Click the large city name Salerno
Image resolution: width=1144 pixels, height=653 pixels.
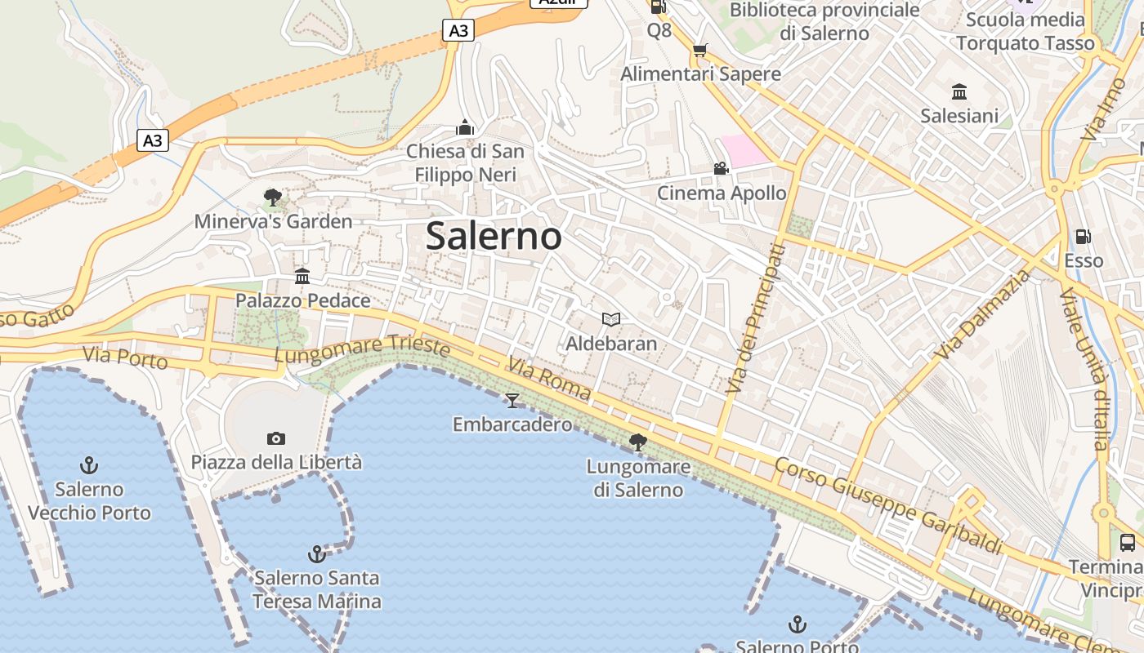pyautogui.click(x=494, y=237)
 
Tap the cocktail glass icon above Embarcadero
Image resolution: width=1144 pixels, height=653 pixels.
pyautogui.click(x=512, y=400)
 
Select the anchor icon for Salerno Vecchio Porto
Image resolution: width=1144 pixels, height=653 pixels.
pyautogui.click(x=89, y=465)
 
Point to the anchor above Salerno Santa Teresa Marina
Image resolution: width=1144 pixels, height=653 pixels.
pyautogui.click(x=316, y=554)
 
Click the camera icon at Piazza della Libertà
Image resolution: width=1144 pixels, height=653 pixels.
pyautogui.click(x=276, y=438)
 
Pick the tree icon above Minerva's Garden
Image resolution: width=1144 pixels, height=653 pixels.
pyautogui.click(x=273, y=197)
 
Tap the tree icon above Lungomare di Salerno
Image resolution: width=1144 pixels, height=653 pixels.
pyautogui.click(x=638, y=442)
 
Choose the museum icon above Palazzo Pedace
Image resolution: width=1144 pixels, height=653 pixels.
pyautogui.click(x=302, y=276)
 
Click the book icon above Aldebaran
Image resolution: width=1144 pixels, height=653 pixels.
pyautogui.click(x=611, y=319)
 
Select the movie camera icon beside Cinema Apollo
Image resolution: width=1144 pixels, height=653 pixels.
pyautogui.click(x=721, y=169)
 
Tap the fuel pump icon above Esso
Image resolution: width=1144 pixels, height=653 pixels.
pyautogui.click(x=1084, y=237)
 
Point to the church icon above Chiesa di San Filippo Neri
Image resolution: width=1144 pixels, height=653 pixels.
pyautogui.click(x=465, y=127)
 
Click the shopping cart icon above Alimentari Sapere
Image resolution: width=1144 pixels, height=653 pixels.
pyautogui.click(x=700, y=51)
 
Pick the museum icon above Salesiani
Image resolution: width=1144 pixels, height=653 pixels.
pyautogui.click(x=959, y=91)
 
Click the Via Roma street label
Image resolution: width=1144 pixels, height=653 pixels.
pyautogui.click(x=549, y=378)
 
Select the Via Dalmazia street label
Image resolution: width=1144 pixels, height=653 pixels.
pyautogui.click(x=985, y=314)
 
